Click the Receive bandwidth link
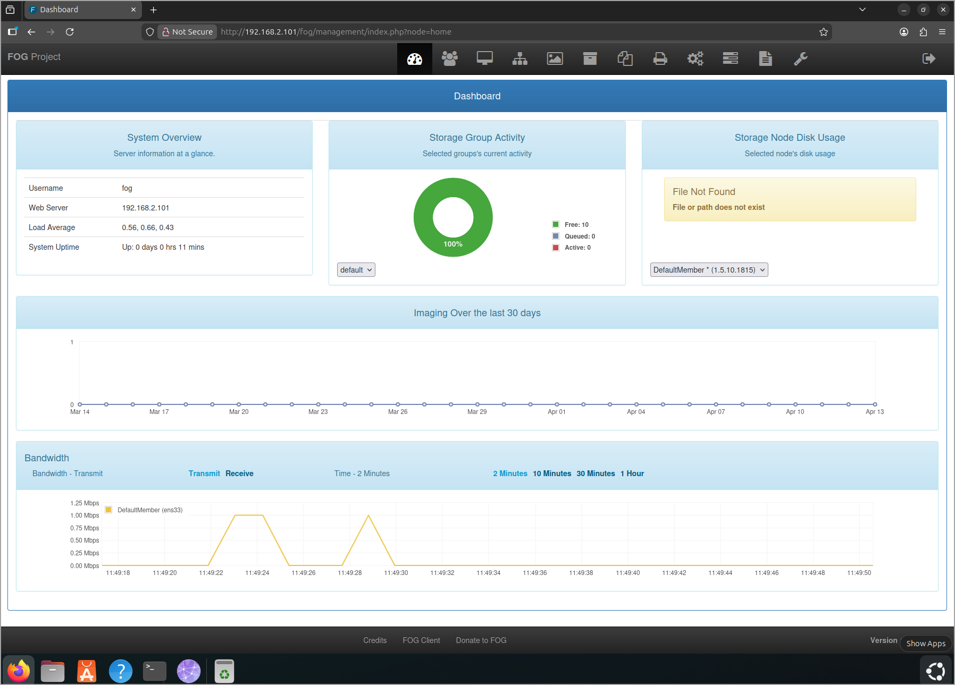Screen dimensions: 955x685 pos(239,473)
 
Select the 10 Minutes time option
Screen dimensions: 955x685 pos(552,473)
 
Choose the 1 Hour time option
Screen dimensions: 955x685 pos(632,473)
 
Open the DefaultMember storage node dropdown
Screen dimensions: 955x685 pos(709,270)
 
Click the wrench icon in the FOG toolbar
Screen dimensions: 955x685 pos(801,58)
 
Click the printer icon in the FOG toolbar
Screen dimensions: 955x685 pos(660,58)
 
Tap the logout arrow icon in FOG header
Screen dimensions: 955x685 pos(929,58)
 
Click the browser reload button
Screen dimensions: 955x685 pos(70,32)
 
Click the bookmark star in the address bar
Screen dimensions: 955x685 pos(824,32)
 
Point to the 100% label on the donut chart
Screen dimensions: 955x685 pos(453,244)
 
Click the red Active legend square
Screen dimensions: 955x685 pos(556,248)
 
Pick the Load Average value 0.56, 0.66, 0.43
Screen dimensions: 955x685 pos(148,227)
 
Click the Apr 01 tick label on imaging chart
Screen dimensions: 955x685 pos(557,412)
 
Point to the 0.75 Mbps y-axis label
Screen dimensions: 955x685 pos(85,528)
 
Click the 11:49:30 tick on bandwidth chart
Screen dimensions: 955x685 pos(396,573)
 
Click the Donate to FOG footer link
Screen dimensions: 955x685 pos(481,640)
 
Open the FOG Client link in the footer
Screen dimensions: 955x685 pos(422,640)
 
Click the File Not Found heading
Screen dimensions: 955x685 pos(704,192)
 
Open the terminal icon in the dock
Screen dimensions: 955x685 pos(155,671)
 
